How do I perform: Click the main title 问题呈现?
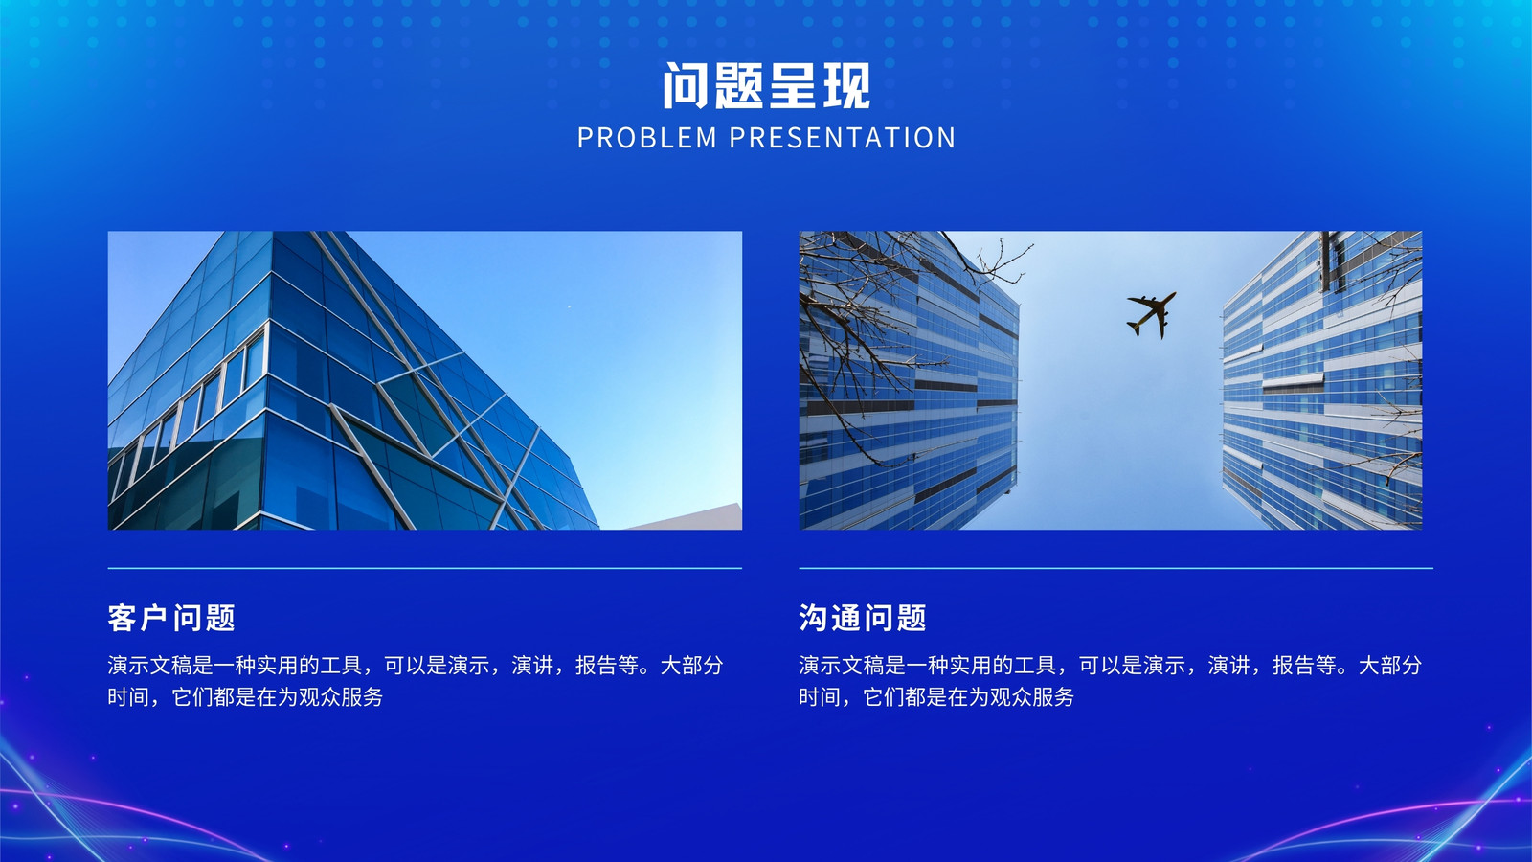[x=766, y=85]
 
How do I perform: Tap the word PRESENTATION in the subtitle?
[x=842, y=138]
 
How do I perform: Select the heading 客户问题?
[x=171, y=618]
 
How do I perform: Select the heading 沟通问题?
[x=863, y=618]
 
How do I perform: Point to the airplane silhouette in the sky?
[x=1152, y=314]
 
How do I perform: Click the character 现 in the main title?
[x=846, y=85]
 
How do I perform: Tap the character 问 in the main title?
[x=686, y=85]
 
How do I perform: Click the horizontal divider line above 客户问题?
[x=425, y=568]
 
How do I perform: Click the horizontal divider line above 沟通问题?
[x=1116, y=568]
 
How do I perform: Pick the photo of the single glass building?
[x=425, y=380]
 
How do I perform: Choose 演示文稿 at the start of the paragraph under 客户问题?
[x=149, y=665]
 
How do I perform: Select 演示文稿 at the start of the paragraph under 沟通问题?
[x=842, y=665]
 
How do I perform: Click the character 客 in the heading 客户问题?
[x=123, y=618]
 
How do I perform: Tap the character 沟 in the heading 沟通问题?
[x=814, y=618]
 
